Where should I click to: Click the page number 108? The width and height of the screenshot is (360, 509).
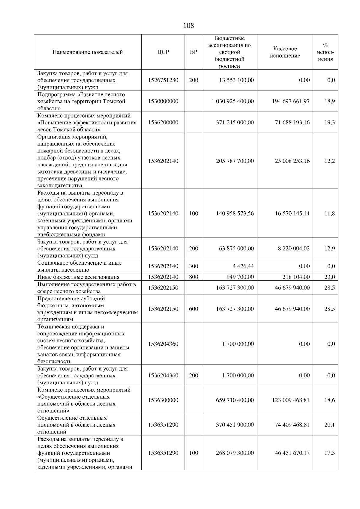point(188,26)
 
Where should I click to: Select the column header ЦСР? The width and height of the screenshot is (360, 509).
point(163,52)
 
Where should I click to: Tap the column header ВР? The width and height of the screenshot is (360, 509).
point(193,52)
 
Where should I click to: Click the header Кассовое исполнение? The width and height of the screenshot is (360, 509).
point(285,52)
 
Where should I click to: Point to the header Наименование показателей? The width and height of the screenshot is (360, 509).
point(88,52)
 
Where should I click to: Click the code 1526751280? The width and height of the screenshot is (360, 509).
point(163,80)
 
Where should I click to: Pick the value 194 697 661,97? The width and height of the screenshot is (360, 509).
point(290,101)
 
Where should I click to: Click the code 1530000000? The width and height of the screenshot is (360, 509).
point(163,101)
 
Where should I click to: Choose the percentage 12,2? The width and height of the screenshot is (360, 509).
point(329,161)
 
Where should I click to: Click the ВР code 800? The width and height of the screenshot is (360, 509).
point(193,277)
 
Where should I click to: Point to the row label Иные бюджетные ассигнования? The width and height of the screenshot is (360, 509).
point(78,277)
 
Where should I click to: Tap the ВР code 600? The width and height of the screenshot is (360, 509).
point(193,309)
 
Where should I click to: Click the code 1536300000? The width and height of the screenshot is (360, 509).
point(163,400)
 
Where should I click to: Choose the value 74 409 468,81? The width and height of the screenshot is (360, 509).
point(292,425)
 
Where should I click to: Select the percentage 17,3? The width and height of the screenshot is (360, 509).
point(329,453)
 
